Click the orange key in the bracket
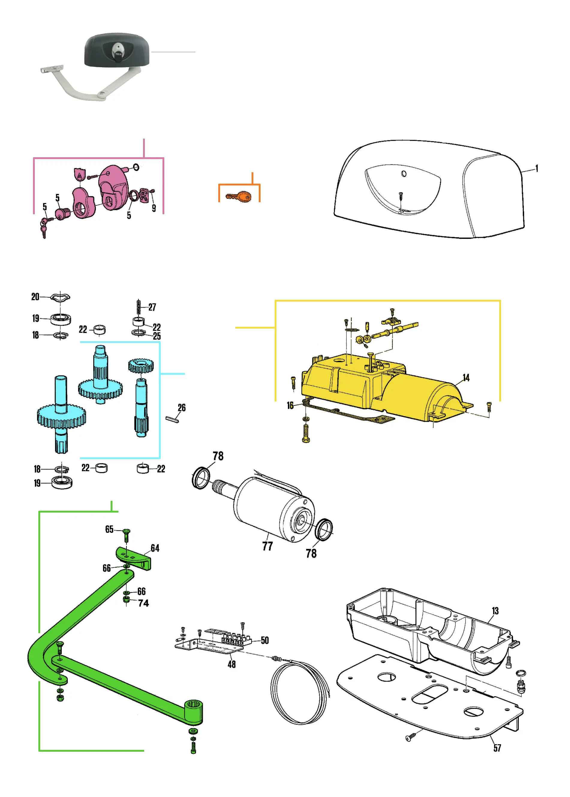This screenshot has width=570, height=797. click(x=239, y=197)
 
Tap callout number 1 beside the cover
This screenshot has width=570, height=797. click(x=536, y=168)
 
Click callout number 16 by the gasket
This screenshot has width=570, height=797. click(x=290, y=405)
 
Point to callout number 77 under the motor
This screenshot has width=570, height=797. click(x=267, y=546)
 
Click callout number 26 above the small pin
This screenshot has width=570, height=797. click(x=181, y=408)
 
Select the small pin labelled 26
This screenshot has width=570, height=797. click(x=172, y=419)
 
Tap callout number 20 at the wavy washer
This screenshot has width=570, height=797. click(x=35, y=296)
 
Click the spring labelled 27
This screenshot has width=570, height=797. click(x=139, y=307)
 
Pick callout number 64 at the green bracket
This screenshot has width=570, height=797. click(x=155, y=548)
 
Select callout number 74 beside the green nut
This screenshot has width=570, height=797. click(x=143, y=603)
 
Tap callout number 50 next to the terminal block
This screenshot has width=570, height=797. click(x=265, y=640)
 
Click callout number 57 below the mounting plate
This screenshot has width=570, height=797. click(x=497, y=748)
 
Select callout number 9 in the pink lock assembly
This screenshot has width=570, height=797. click(x=154, y=208)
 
